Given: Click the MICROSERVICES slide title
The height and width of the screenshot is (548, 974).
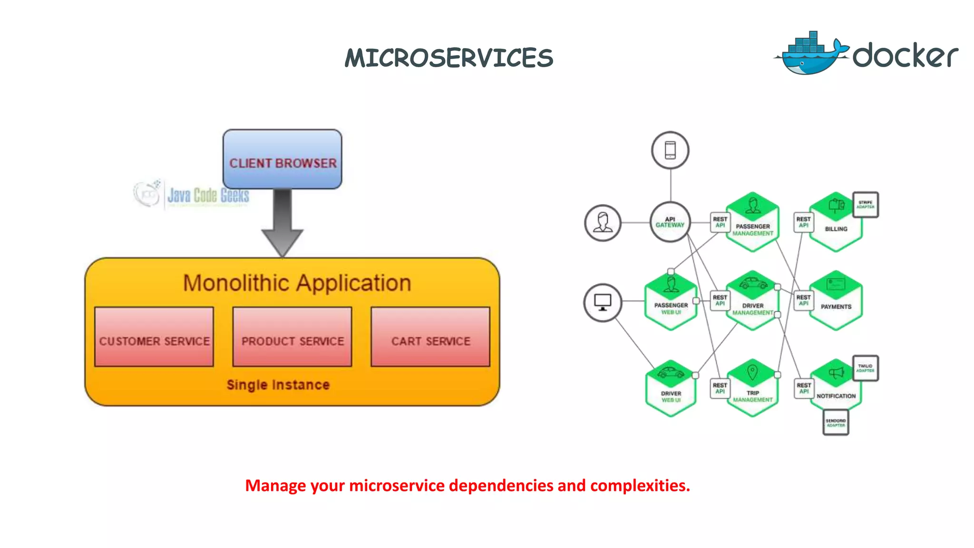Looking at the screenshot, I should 449,58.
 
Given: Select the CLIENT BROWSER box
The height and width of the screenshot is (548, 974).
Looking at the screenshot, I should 282,159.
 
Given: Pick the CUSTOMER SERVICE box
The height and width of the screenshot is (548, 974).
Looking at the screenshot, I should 154,337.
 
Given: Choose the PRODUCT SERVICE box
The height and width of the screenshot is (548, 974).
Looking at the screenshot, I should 292,337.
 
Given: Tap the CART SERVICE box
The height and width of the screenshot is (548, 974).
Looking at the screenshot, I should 430,337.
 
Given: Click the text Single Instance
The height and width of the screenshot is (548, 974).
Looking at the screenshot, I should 278,384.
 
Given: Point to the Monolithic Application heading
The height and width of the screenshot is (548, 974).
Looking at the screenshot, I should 297,283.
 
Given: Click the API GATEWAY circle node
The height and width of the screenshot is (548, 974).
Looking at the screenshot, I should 670,222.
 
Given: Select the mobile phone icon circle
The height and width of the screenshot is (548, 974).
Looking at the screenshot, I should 670,150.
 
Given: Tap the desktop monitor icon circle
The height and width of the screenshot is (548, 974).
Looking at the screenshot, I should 603,303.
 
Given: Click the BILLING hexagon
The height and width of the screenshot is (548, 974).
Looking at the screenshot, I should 836,223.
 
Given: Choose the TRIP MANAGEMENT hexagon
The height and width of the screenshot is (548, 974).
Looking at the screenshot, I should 752,388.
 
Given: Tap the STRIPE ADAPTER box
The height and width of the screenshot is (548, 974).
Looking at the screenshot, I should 865,205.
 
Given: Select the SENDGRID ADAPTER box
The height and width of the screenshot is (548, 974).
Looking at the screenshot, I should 836,422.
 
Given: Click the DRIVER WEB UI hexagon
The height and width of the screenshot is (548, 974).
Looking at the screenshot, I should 671,389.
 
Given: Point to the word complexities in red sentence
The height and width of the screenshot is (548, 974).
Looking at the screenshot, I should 640,486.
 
